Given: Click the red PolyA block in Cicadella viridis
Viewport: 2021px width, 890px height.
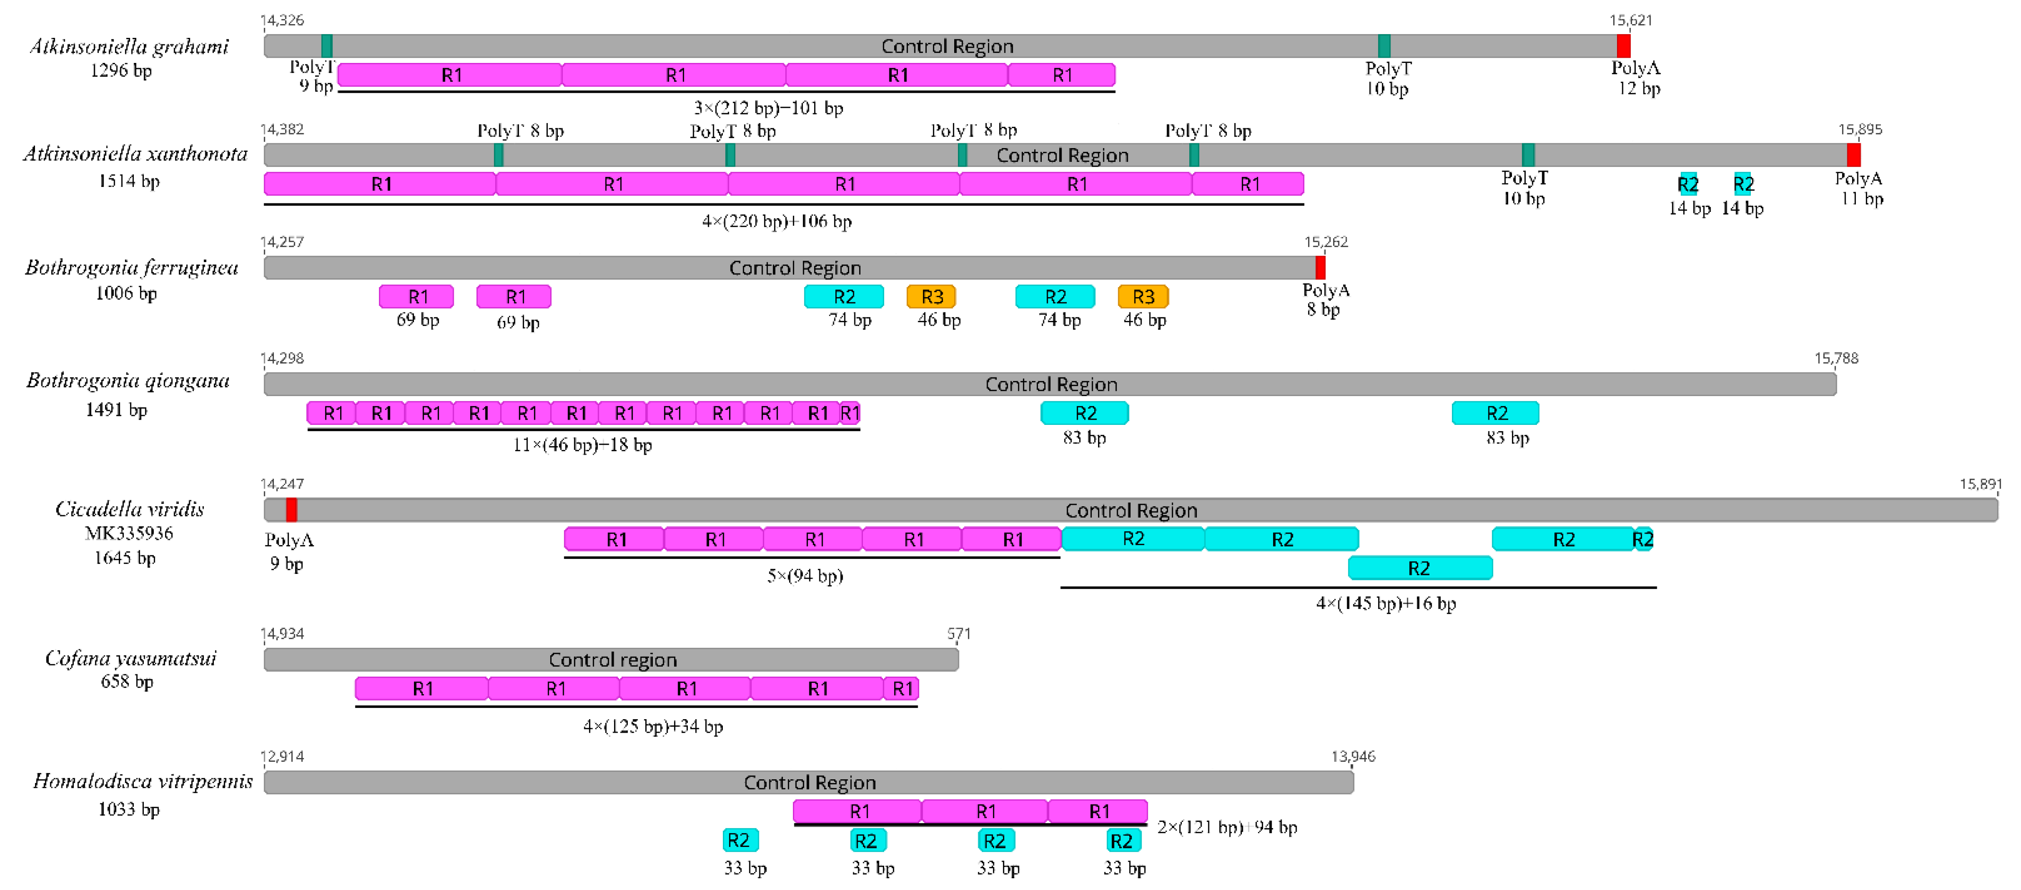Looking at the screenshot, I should pos(291,510).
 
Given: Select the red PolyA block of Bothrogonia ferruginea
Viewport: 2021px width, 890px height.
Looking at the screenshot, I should pos(1320,268).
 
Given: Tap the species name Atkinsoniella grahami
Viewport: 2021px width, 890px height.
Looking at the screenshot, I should pos(130,47).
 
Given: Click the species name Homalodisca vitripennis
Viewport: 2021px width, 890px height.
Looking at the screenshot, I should pos(143,782).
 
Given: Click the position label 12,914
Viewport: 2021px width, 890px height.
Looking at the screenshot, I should pos(282,757).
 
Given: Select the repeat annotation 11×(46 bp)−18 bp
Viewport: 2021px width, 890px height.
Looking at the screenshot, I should pos(582,445).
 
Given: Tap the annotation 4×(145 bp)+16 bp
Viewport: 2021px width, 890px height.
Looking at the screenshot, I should pos(1386,604).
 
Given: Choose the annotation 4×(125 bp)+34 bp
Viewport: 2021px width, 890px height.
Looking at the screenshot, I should pos(653,727).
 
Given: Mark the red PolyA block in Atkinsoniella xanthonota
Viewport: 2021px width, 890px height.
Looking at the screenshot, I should pos(1853,155).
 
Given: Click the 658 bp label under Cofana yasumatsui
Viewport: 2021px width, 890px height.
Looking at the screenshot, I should pos(127,682).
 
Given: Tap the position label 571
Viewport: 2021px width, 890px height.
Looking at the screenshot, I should pos(959,634).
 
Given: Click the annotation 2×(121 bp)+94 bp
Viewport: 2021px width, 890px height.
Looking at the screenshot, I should pos(1227,827).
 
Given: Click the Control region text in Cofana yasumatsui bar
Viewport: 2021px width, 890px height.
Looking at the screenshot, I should pos(612,660).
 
